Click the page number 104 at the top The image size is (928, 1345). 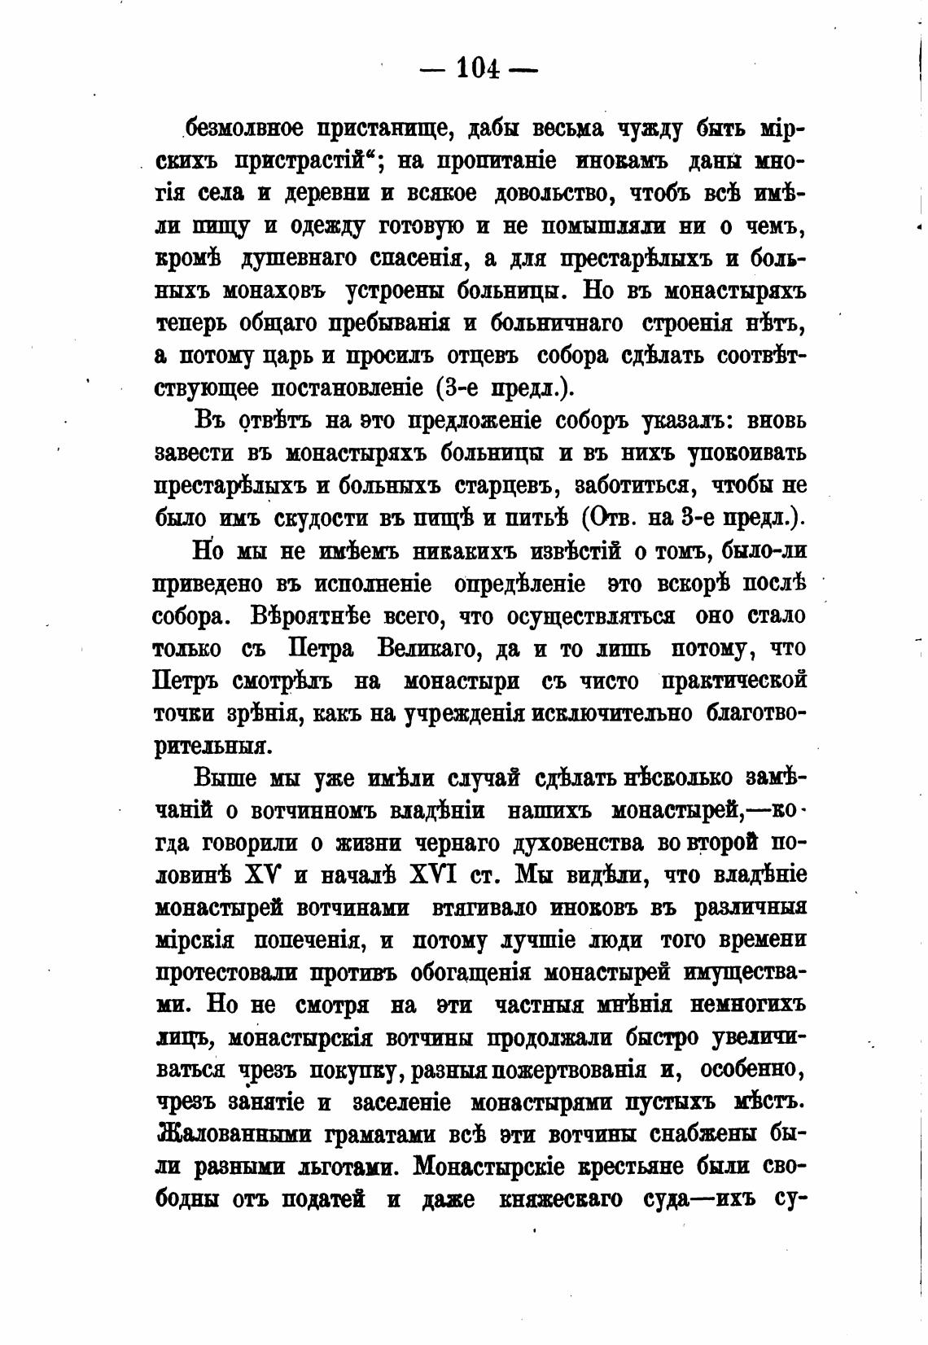[479, 68]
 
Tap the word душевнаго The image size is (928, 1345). [298, 259]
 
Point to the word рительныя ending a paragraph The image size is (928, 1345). [211, 746]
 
